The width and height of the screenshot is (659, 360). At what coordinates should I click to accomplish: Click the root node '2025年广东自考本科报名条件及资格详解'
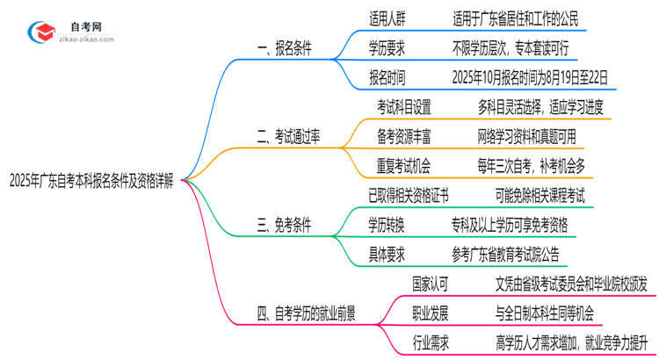(91, 184)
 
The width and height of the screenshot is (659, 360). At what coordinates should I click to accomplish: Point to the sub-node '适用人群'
(387, 17)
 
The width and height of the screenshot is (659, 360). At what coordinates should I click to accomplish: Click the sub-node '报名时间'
(387, 77)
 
